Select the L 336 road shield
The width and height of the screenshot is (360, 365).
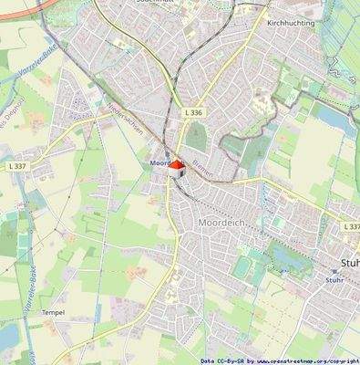coord(191,111)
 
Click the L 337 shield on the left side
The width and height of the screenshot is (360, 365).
coord(18,165)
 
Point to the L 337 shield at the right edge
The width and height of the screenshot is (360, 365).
coord(352,225)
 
